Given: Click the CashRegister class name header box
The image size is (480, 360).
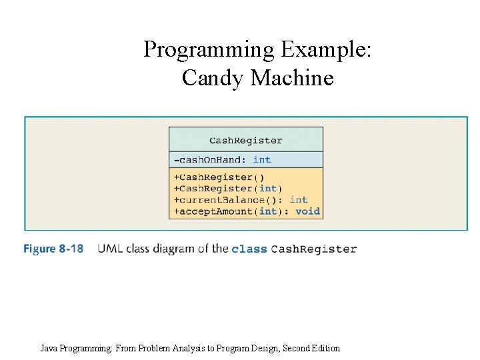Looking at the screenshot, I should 245,140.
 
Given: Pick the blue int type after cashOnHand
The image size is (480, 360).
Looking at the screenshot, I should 262,160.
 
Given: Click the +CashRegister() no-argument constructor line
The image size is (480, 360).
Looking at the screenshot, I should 219,177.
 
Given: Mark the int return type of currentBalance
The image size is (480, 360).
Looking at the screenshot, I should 299,200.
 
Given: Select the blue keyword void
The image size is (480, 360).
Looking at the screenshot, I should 307,211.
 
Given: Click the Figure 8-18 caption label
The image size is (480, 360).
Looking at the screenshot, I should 53,249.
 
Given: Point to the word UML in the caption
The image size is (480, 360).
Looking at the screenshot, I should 110,249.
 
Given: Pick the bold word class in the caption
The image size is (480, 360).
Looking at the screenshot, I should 249,249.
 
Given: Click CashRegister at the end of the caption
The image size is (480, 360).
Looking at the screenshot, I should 314,249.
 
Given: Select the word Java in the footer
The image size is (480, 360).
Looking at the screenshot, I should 49,348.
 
